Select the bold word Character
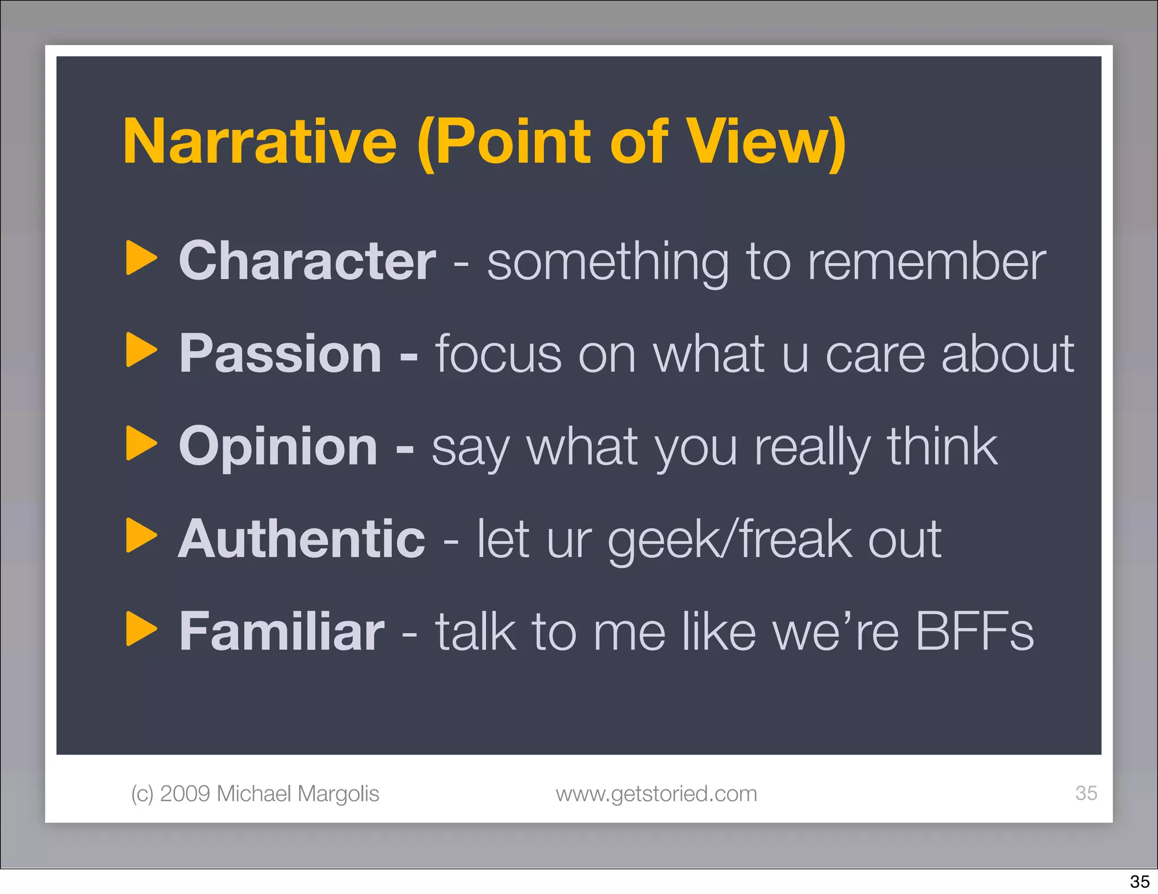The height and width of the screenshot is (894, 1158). tap(307, 261)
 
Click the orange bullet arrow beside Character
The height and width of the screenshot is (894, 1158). tap(141, 258)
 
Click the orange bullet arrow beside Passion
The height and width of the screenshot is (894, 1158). tap(141, 350)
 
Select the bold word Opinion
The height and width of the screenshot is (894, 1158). tap(278, 446)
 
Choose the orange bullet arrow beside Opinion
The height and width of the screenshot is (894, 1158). tap(141, 443)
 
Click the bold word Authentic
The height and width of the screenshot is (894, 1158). tap(301, 539)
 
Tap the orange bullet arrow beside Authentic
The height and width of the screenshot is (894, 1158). tap(141, 535)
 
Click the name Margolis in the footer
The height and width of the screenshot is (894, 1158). tap(338, 794)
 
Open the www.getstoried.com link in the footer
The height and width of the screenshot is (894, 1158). tap(656, 794)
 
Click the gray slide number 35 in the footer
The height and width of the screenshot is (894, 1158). tap(1086, 793)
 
